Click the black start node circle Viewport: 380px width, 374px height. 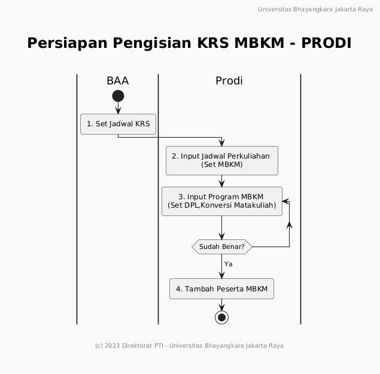(118, 96)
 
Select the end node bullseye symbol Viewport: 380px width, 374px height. (221, 317)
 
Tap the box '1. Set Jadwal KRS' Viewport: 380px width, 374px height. (118, 124)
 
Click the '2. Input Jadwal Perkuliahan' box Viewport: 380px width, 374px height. (222, 160)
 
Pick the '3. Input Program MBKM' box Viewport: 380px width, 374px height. (222, 201)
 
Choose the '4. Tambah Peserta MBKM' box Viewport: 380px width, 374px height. (221, 288)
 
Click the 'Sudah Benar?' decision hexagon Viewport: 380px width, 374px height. (222, 247)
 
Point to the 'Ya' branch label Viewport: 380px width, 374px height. (228, 264)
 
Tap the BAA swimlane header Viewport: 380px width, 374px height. (117, 81)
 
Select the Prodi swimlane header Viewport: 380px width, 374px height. (229, 81)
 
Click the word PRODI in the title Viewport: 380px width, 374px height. (326, 43)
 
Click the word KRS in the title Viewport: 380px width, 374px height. (213, 43)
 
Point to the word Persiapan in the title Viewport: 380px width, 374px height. (67, 43)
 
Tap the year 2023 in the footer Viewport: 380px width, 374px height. (113, 345)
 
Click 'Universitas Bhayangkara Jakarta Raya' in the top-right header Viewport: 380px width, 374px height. (315, 10)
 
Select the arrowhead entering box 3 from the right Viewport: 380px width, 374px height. (285, 201)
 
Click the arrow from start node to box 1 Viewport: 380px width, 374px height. (118, 108)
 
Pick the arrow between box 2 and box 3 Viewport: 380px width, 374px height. (222, 181)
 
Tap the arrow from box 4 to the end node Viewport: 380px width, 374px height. (221, 305)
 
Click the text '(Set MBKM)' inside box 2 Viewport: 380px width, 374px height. (222, 165)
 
